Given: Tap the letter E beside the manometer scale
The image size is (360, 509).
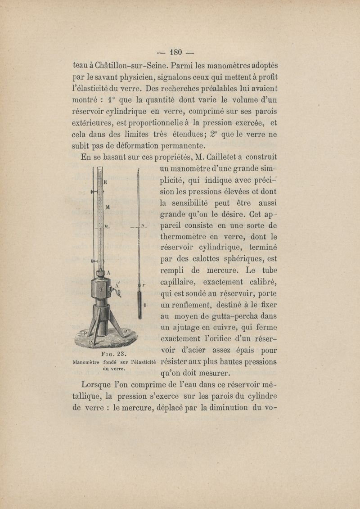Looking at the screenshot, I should click(x=105, y=182).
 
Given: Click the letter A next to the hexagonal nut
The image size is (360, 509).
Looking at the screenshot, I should click(x=108, y=272).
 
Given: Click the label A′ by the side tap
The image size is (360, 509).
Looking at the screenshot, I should click(x=117, y=284).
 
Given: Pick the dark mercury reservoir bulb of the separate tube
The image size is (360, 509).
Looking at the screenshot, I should click(x=140, y=304).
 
